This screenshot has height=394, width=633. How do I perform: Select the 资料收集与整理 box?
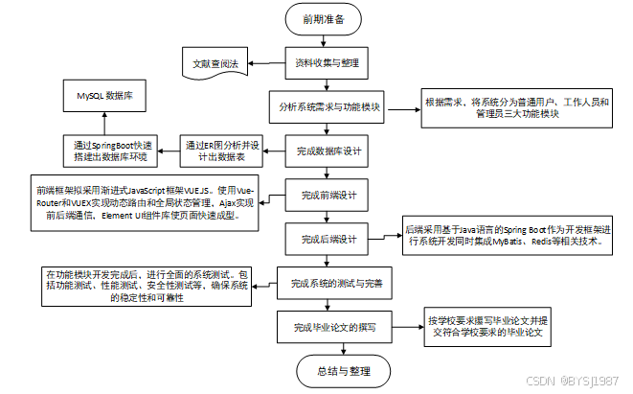(x=326, y=62)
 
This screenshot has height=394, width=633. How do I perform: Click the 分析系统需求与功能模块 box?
(x=326, y=107)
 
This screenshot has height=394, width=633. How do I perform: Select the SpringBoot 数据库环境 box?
(x=112, y=150)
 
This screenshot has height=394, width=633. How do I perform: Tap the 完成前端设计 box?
(x=328, y=196)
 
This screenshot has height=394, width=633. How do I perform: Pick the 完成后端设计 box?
(x=328, y=239)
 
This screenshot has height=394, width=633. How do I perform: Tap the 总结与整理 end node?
(x=328, y=370)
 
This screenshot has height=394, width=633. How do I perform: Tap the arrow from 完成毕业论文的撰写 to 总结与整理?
(x=328, y=350)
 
